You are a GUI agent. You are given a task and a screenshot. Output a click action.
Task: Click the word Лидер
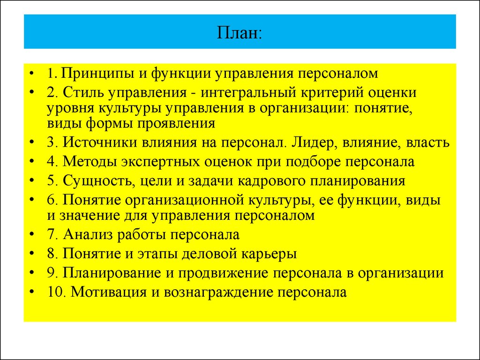tap(307, 142)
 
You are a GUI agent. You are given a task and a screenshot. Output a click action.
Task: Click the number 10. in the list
tap(57, 292)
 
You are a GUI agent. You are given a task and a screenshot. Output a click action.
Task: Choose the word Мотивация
tap(109, 292)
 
